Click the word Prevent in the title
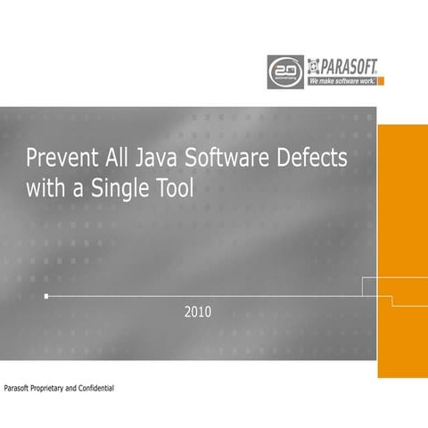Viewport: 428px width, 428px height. (x=58, y=160)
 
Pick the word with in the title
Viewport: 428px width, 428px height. (x=45, y=189)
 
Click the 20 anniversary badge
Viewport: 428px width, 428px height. (x=285, y=69)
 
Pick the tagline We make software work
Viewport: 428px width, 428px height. (x=342, y=80)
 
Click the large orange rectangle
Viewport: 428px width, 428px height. (x=402, y=250)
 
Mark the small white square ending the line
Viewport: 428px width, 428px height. (x=46, y=294)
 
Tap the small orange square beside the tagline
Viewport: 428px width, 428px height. (x=381, y=80)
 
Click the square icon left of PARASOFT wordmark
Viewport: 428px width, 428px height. (x=313, y=64)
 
